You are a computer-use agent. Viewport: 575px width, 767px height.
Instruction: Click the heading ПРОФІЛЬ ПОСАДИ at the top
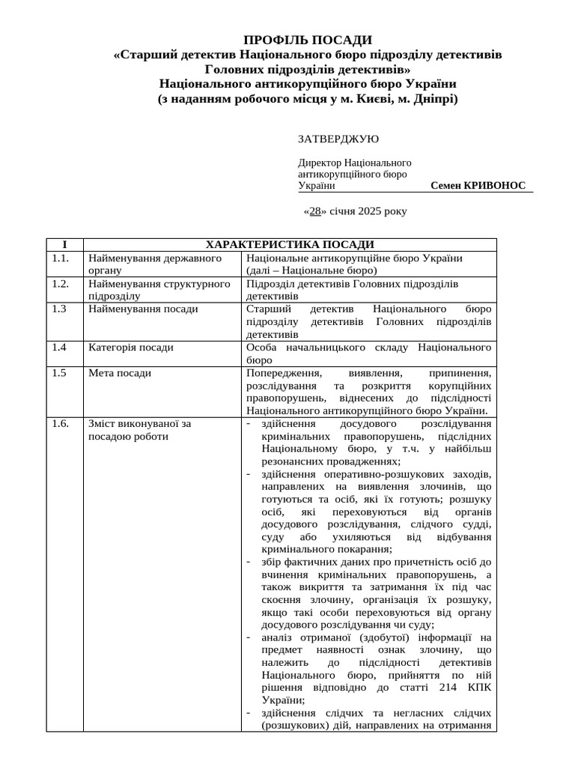pos(308,40)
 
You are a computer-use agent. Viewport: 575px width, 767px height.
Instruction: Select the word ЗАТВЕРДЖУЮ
pos(338,139)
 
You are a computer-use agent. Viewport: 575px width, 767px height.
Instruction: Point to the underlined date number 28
pos(315,211)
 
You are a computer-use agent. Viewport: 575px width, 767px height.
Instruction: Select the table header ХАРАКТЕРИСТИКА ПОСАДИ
pos(290,245)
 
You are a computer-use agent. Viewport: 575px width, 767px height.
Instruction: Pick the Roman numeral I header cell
pos(64,245)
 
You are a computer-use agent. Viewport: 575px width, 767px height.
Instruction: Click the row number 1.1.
pos(61,258)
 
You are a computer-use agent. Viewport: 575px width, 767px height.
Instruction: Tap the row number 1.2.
pos(61,284)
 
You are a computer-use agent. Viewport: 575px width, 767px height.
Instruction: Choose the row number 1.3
pos(59,309)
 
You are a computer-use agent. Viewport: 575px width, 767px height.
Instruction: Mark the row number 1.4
pos(59,348)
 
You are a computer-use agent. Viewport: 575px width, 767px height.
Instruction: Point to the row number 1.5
pos(59,373)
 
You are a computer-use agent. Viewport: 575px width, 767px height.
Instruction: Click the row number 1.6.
pos(61,423)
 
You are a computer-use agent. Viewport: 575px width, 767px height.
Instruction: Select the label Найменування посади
pos(143,309)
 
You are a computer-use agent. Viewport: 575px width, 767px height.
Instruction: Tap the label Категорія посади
pos(131,348)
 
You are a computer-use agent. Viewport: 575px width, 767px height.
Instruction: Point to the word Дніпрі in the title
pos(434,99)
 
